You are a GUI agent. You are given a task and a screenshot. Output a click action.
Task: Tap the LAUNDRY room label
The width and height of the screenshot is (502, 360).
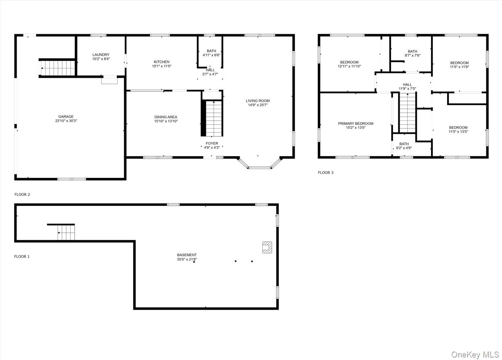101,55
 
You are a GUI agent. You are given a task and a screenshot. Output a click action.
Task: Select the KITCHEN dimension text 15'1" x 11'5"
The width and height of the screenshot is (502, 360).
162,66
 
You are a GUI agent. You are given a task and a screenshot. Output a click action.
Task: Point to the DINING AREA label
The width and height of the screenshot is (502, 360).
166,117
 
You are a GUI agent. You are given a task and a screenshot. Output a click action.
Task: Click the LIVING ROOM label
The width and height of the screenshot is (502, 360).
258,101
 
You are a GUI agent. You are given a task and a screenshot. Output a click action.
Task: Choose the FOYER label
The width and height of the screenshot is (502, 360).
212,143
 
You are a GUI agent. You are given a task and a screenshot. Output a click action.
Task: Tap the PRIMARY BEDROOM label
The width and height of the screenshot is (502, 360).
355,124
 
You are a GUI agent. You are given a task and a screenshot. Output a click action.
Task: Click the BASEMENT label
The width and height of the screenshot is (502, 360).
187,255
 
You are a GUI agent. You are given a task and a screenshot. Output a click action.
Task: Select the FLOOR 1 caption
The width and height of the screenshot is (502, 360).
22,257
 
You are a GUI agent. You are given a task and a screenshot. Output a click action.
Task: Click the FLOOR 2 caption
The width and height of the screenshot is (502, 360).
22,194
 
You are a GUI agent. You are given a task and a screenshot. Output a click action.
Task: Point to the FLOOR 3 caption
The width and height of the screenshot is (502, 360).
326,173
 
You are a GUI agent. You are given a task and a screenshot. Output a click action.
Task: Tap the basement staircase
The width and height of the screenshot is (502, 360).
66,233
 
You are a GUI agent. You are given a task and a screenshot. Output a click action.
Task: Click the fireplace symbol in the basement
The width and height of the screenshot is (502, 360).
267,247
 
